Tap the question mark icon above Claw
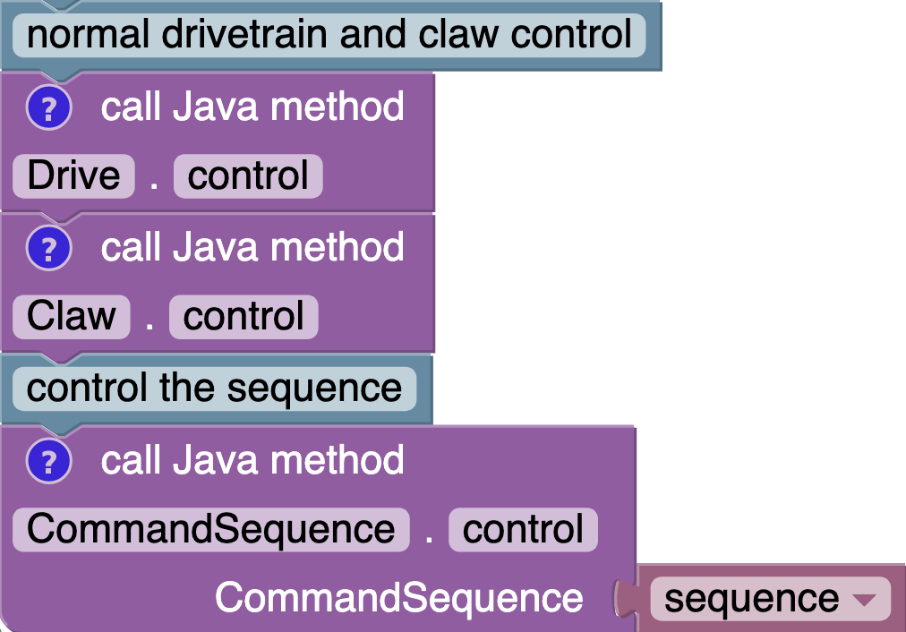48,249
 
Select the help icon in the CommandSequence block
48,462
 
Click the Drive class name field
73,175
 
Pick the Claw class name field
72,317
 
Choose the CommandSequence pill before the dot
210,529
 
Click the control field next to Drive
248,175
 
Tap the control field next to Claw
244,317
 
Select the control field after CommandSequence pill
523,529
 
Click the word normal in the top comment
87,35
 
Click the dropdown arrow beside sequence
865,600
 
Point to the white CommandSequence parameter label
398,598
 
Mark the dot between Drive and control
154,177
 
